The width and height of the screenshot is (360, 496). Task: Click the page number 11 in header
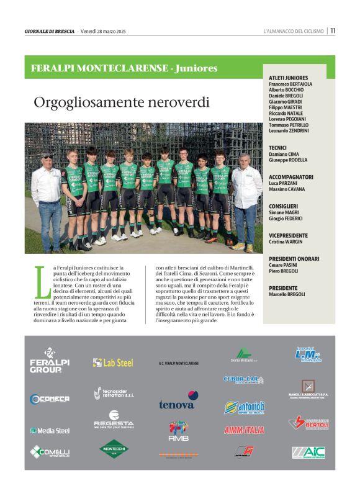[333, 31]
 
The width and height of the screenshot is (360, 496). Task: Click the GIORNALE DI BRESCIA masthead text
[50, 31]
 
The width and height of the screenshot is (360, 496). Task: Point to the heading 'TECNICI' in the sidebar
[278, 148]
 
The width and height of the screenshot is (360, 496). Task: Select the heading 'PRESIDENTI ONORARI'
[294, 259]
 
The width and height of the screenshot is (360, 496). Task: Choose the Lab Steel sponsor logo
[113, 363]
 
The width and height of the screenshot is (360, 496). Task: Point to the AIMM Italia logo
[244, 430]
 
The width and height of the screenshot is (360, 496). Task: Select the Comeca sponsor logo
[50, 399]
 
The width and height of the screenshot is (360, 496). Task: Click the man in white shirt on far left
[47, 199]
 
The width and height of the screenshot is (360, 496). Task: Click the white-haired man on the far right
[246, 199]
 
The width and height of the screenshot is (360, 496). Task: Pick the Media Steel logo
[50, 430]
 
